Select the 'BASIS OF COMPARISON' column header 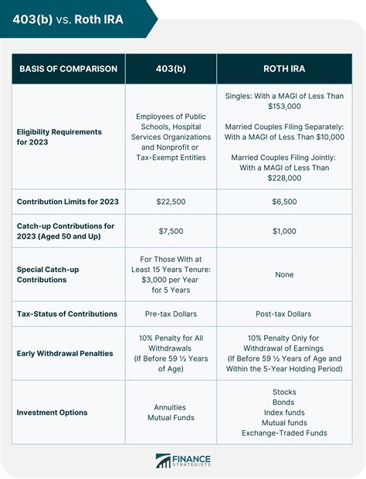pos(67,69)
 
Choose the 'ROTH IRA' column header pos(285,69)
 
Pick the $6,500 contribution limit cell pos(285,202)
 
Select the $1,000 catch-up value pos(285,232)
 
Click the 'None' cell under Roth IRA pos(285,273)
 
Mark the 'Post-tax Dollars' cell pos(285,314)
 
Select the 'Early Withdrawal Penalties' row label pos(65,353)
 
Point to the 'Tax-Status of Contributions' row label pos(67,314)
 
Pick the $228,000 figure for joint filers pos(285,178)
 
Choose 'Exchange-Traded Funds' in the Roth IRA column pos(285,433)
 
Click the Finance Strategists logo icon pos(163,460)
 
